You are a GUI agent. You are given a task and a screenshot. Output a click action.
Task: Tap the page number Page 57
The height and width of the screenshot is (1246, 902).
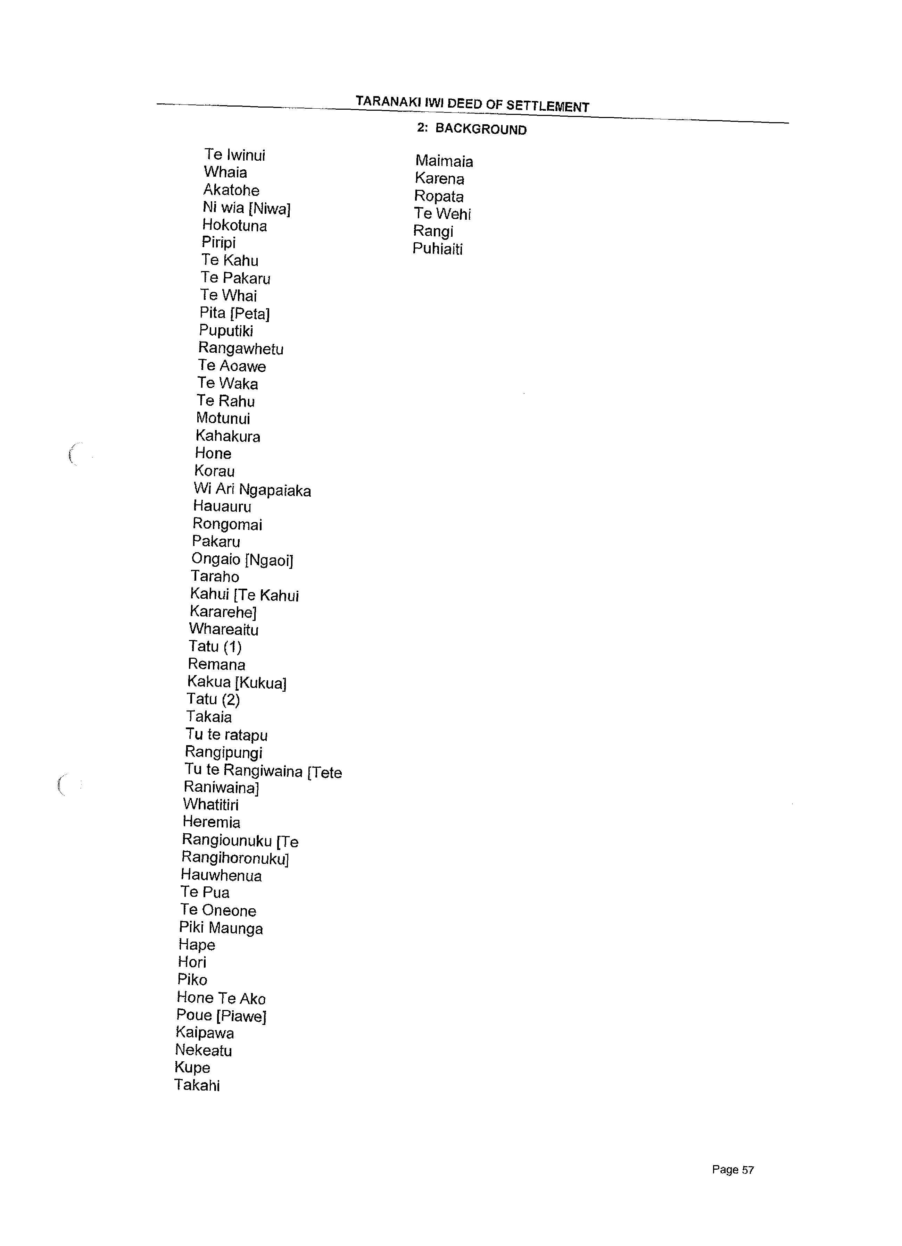[733, 1170]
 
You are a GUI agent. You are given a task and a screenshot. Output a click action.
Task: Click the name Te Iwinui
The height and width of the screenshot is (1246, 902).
[235, 155]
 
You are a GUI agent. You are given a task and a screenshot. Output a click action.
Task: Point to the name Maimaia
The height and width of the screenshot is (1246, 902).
[444, 161]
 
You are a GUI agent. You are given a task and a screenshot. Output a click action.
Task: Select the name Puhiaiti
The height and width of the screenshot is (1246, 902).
[438, 249]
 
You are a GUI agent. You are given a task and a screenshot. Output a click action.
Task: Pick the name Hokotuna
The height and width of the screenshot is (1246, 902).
[235, 225]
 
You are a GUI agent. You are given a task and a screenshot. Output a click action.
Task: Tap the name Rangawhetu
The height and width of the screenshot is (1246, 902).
[241, 348]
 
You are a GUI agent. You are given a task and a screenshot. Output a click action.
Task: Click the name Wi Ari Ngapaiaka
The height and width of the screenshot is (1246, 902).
[252, 489]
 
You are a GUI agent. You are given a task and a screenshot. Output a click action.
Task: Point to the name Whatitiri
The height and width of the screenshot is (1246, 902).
[211, 805]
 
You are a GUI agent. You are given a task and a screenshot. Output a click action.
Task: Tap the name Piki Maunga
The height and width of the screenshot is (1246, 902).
[221, 928]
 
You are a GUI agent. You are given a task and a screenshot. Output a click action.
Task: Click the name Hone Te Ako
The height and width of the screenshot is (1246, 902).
[221, 998]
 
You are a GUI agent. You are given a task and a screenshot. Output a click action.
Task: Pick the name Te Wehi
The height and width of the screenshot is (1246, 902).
[442, 214]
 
